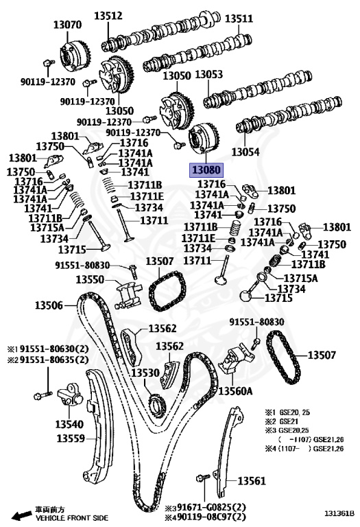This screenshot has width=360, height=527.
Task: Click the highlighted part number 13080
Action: tap(206, 169)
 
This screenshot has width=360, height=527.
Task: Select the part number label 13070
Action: tap(67, 25)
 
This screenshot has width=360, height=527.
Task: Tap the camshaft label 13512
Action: tap(108, 15)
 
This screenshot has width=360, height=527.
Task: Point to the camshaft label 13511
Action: tap(239, 18)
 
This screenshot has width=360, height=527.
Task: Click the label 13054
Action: tap(245, 152)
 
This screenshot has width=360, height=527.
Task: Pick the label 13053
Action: tap(209, 74)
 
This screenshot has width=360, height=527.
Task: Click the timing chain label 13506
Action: tap(49, 305)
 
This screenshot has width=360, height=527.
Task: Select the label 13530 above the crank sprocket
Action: tap(145, 373)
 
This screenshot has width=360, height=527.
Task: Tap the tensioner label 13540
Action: tap(69, 424)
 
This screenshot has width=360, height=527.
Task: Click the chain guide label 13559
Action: tap(71, 438)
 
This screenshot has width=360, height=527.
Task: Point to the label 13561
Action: tap(252, 481)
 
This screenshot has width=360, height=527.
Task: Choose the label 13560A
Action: tap(236, 390)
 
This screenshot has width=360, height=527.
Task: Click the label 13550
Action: tap(90, 279)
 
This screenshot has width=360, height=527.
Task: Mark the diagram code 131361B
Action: tap(339, 513)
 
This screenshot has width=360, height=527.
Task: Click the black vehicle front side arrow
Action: tap(21, 515)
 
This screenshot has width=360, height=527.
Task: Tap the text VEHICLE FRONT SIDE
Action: tap(72, 518)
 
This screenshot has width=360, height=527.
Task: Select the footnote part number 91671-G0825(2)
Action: tap(209, 507)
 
